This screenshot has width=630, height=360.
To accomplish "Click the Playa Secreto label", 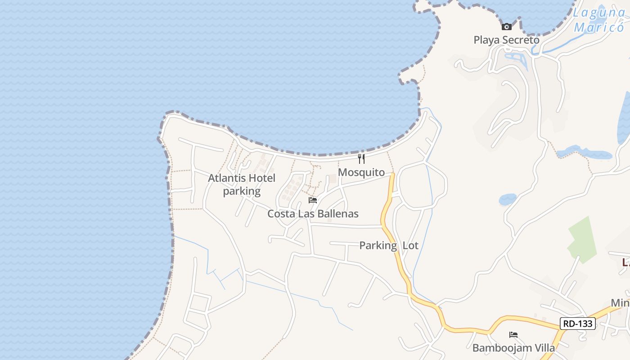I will (506, 40).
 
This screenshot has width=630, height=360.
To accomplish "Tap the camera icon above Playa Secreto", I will (507, 27).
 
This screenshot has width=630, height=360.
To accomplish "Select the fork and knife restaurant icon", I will (361, 158).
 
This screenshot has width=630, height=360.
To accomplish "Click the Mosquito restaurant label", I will (361, 172).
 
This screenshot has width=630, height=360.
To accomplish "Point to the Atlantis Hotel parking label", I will (242, 184).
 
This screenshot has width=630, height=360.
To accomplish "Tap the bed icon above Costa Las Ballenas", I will (313, 200).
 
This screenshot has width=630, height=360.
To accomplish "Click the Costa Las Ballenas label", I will (313, 214).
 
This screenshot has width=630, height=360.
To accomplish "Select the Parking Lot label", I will (389, 246).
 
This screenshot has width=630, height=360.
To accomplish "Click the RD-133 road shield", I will (578, 323).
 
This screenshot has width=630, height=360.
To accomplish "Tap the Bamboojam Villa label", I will (513, 348).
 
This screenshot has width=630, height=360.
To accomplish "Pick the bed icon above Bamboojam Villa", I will (513, 335).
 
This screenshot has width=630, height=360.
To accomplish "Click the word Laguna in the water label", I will (598, 13).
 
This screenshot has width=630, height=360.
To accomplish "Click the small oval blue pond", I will (508, 199).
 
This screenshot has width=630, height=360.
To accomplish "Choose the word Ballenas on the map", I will (337, 214).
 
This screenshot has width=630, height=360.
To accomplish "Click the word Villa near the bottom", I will (543, 348).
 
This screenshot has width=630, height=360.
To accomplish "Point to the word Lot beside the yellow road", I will (410, 246).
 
